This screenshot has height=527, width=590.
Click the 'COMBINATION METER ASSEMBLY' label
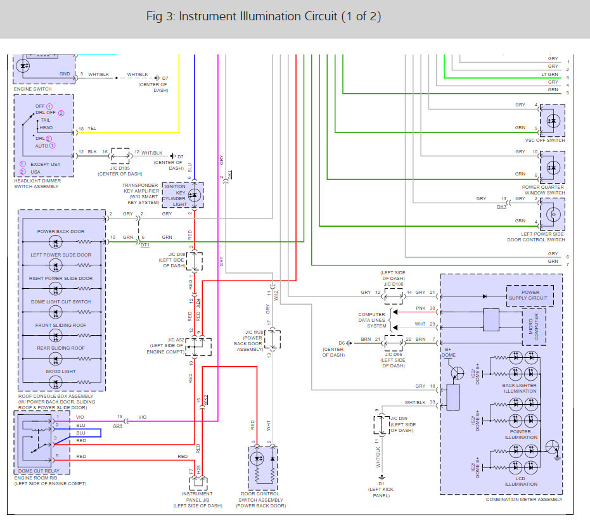tap(523, 500)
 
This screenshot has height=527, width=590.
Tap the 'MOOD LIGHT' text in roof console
tap(61, 372)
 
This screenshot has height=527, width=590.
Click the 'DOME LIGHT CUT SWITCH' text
tap(61, 302)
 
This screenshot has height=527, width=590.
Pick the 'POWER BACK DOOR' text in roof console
tap(61, 231)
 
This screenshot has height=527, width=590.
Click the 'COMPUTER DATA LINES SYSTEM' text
tap(371, 320)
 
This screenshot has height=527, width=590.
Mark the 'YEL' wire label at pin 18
tap(92, 129)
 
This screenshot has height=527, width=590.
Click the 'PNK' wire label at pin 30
tap(420, 308)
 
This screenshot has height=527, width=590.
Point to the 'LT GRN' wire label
tap(549, 74)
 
